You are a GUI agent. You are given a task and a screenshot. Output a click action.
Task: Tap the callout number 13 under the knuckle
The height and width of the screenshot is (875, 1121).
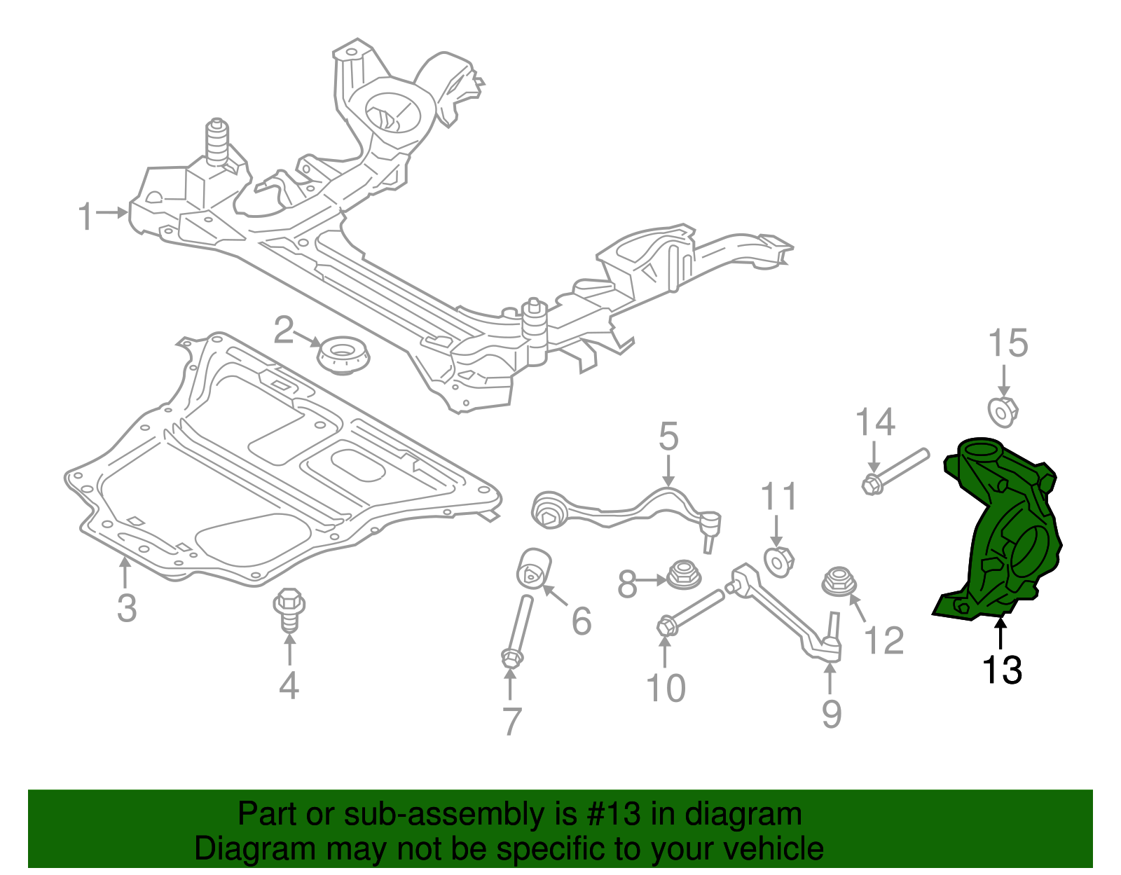[1002, 670]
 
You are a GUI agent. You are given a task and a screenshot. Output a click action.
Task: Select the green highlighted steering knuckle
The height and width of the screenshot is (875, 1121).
[1002, 532]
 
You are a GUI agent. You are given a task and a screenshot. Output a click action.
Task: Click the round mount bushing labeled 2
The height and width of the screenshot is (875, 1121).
[343, 355]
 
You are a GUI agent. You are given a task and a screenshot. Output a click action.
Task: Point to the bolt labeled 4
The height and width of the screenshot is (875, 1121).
[289, 609]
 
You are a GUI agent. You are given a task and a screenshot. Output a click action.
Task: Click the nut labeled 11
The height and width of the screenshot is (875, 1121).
[778, 562]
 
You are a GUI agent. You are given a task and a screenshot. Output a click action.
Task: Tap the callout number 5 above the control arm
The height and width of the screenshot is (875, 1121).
[668, 436]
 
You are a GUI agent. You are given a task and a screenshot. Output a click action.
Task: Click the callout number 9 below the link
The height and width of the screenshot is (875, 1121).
[831, 713]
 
